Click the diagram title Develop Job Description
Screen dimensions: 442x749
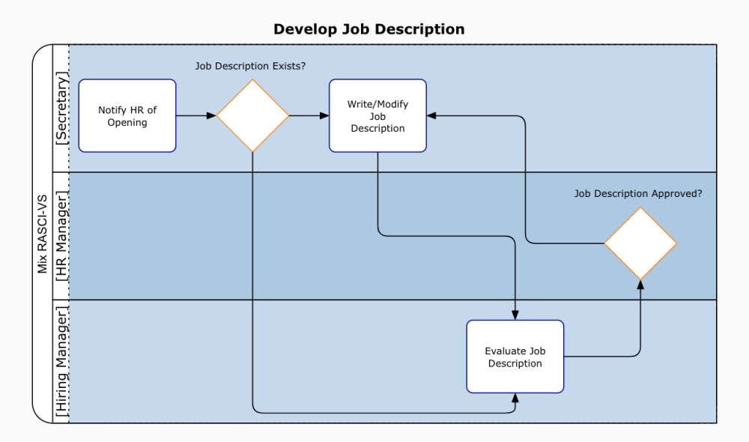coord(369,29)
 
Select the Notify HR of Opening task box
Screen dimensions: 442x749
coord(127,116)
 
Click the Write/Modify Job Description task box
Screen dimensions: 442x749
coord(377,116)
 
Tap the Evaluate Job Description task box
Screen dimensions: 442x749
coord(515,357)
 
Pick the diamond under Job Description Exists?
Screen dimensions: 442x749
coord(252,116)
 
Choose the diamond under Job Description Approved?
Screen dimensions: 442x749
coord(640,243)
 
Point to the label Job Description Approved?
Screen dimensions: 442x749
coord(638,193)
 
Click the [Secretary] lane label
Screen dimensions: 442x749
coord(61,109)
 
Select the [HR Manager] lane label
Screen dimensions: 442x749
coord(61,236)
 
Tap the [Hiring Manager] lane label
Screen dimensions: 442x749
coord(61,361)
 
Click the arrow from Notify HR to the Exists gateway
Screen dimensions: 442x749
coord(196,116)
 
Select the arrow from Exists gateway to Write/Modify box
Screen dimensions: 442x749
coord(309,116)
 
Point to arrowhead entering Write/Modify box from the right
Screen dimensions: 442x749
coord(432,116)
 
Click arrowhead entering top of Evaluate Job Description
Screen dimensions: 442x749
coord(515,315)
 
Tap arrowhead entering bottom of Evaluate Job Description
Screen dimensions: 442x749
coord(515,398)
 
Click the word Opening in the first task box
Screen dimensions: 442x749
coord(127,122)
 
